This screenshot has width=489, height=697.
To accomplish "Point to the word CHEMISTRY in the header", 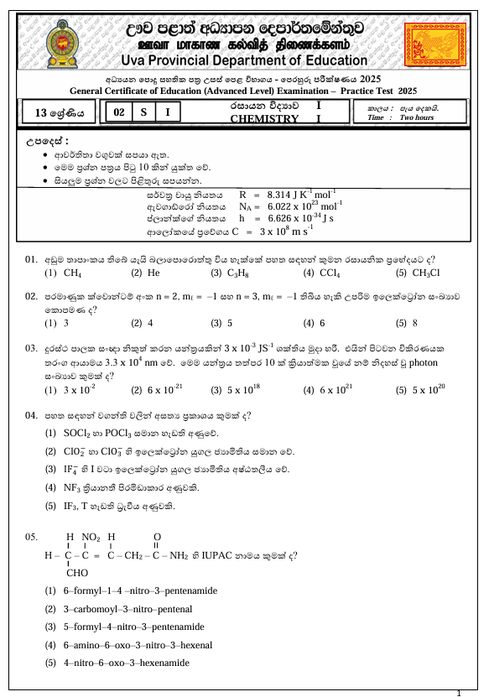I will (264, 119).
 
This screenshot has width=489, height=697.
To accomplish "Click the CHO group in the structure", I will (77, 574).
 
